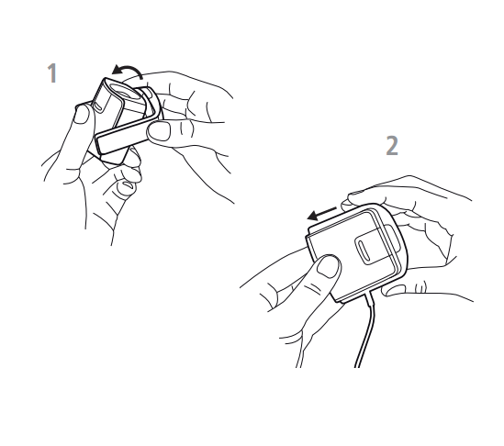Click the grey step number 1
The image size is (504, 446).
coord(52,72)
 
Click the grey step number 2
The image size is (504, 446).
coord(392,146)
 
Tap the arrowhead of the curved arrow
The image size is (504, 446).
coord(117,70)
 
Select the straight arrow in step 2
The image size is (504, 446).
coord(321,214)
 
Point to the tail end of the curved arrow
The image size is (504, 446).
coord(141,78)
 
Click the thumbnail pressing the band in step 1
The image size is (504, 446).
coord(159,130)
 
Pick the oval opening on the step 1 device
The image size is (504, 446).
coord(121,91)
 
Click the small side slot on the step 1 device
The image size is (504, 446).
coord(97,107)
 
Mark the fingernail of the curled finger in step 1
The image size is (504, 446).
coord(127,184)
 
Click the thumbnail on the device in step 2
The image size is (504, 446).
coord(328,266)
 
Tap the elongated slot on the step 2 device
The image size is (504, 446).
coord(364,250)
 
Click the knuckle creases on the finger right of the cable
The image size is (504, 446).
coord(420,286)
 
